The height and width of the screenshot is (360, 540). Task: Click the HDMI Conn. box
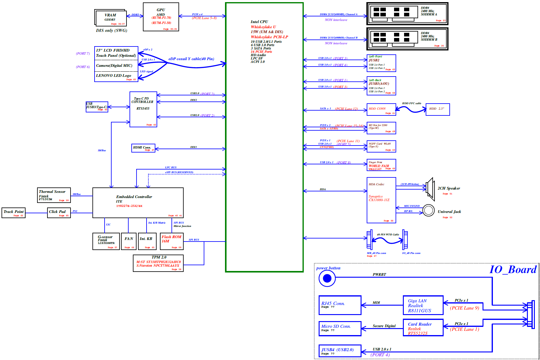click(x=143, y=148)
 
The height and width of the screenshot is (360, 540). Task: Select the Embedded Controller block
click(x=138, y=202)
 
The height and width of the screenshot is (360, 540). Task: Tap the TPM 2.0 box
click(x=158, y=263)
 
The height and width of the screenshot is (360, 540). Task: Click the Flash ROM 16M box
click(x=171, y=241)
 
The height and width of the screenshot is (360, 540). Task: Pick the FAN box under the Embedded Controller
click(x=129, y=241)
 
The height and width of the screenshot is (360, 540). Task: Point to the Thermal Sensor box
click(x=54, y=195)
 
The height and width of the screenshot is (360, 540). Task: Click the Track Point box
click(x=13, y=213)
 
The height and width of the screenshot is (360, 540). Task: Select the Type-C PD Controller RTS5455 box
click(x=143, y=109)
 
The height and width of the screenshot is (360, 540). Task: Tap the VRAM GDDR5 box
click(x=111, y=18)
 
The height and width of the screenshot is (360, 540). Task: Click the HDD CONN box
click(x=381, y=109)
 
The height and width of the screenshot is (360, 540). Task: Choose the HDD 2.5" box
click(x=438, y=109)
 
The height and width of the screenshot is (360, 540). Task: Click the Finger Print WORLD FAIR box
click(x=381, y=165)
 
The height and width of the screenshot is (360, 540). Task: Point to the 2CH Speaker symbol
click(x=430, y=189)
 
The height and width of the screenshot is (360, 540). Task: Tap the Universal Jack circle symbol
click(x=428, y=210)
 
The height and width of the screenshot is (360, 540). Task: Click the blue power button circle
click(x=327, y=278)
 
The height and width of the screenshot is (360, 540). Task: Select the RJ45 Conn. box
click(x=340, y=305)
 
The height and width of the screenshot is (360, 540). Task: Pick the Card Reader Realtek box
click(x=423, y=327)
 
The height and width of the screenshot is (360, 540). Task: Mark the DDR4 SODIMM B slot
click(x=407, y=39)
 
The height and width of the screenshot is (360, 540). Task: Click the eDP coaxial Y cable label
click(x=191, y=59)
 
